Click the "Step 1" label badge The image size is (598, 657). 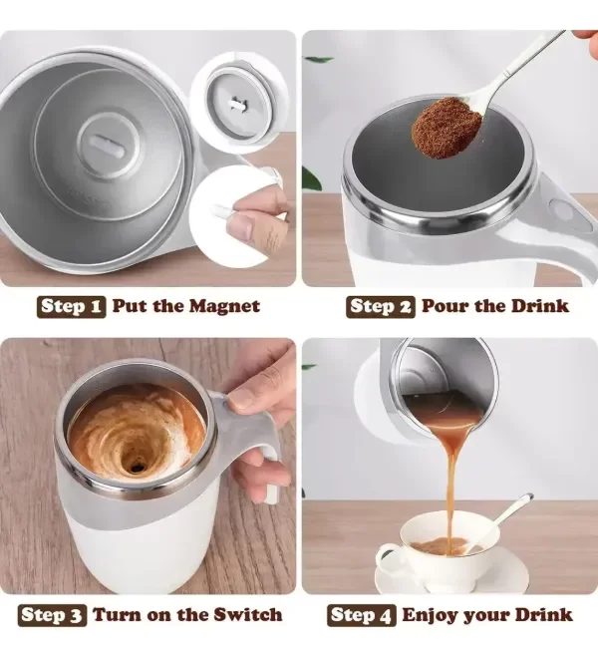point(71,307)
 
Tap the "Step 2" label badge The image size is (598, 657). point(381,307)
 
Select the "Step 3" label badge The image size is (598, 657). point(52,615)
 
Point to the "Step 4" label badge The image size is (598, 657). point(362,615)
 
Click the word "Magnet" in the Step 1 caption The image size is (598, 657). point(223,307)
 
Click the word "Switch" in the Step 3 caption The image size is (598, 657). point(248,615)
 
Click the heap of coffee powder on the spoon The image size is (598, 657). point(447,127)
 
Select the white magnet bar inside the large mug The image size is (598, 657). point(107,145)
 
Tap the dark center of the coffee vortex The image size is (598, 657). point(136,467)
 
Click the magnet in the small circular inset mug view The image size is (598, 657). point(237,104)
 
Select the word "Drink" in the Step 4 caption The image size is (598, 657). point(543,615)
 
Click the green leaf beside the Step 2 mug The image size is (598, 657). point(311,179)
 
